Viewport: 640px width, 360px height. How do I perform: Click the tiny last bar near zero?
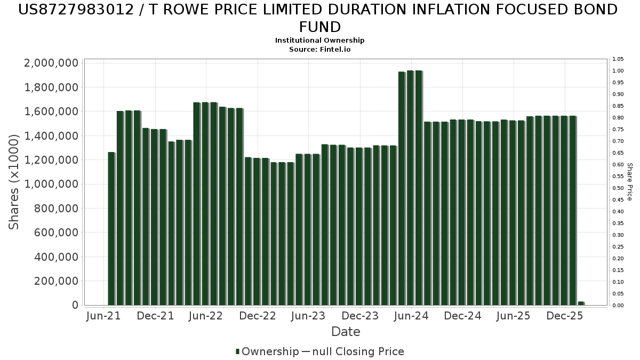581,303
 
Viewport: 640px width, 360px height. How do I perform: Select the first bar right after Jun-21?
111,229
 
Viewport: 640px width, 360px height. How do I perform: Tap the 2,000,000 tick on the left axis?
51,63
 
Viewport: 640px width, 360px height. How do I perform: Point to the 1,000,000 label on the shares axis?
51,184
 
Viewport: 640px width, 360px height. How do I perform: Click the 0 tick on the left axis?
75,305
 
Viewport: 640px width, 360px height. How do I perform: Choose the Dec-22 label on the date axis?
258,316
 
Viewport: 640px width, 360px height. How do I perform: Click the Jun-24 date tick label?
411,316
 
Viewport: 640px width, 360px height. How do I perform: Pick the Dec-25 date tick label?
565,316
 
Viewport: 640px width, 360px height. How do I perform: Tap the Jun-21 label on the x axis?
103,316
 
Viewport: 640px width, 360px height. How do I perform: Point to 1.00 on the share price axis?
618,71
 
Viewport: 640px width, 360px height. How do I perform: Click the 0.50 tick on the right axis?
618,188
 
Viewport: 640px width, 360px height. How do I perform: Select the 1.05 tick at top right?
618,59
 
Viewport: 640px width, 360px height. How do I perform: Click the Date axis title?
346,332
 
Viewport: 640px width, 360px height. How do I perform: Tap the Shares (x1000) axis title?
13,182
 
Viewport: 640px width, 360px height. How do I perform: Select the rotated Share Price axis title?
629,182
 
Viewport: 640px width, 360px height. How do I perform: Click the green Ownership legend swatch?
237,351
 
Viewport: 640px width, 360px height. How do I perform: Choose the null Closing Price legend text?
358,351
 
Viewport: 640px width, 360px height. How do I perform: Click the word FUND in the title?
320,27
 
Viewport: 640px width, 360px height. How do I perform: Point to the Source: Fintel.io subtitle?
319,50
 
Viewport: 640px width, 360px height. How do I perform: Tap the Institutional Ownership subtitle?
319,41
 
